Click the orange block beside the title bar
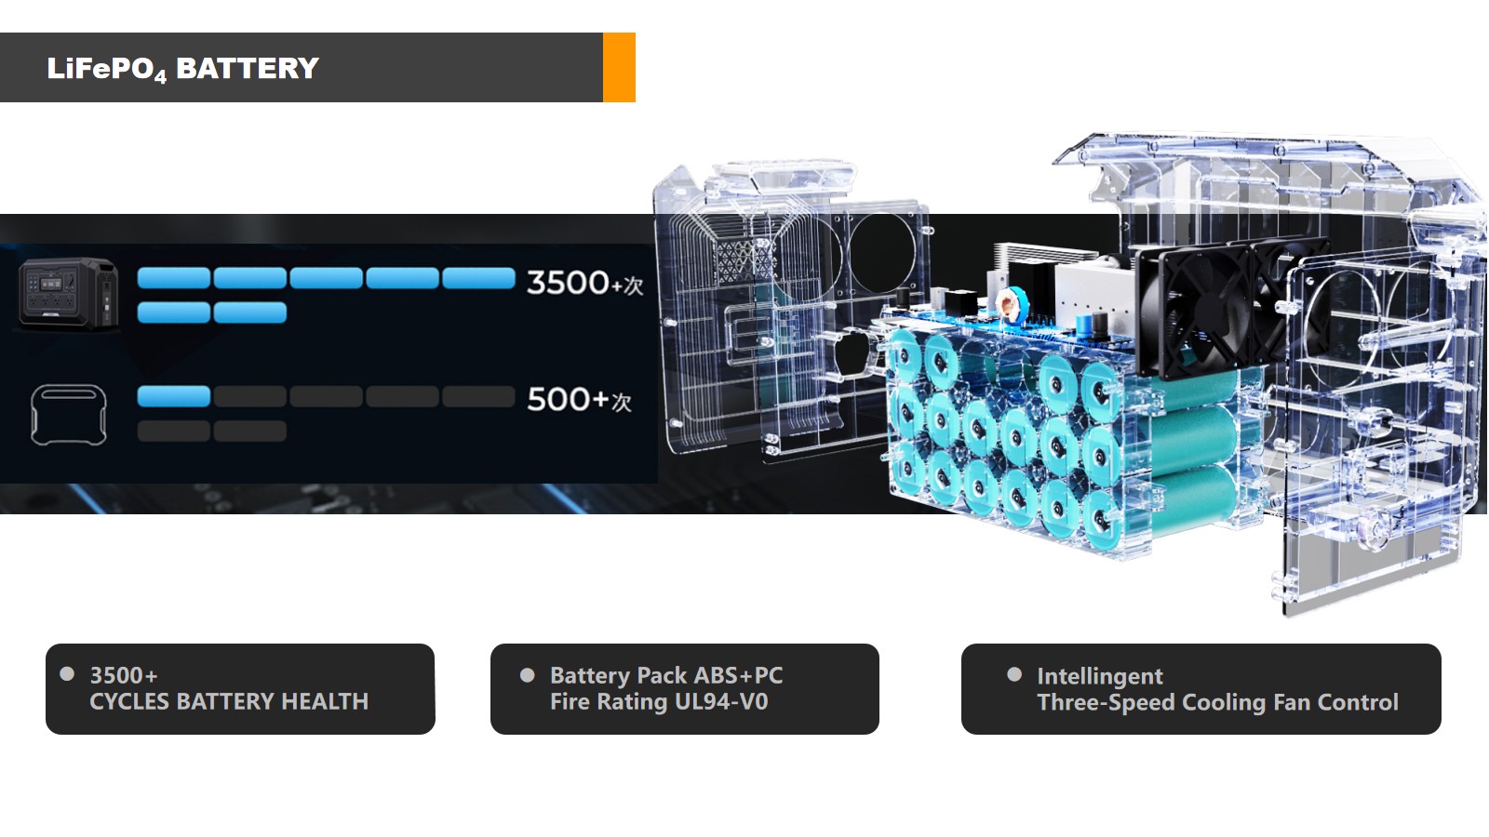[619, 67]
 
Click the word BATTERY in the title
[248, 69]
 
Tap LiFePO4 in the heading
[106, 70]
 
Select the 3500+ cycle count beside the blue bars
[585, 283]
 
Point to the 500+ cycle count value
[579, 399]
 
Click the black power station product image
[69, 294]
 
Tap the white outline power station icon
[69, 415]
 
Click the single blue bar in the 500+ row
[173, 396]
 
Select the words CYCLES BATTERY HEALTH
[229, 701]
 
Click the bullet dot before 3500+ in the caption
[67, 674]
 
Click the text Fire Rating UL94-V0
[659, 701]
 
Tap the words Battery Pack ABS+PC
[666, 675]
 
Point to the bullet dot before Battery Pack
[527, 675]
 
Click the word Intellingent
[1100, 676]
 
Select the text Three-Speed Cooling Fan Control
[1218, 702]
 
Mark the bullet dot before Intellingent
[1014, 674]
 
